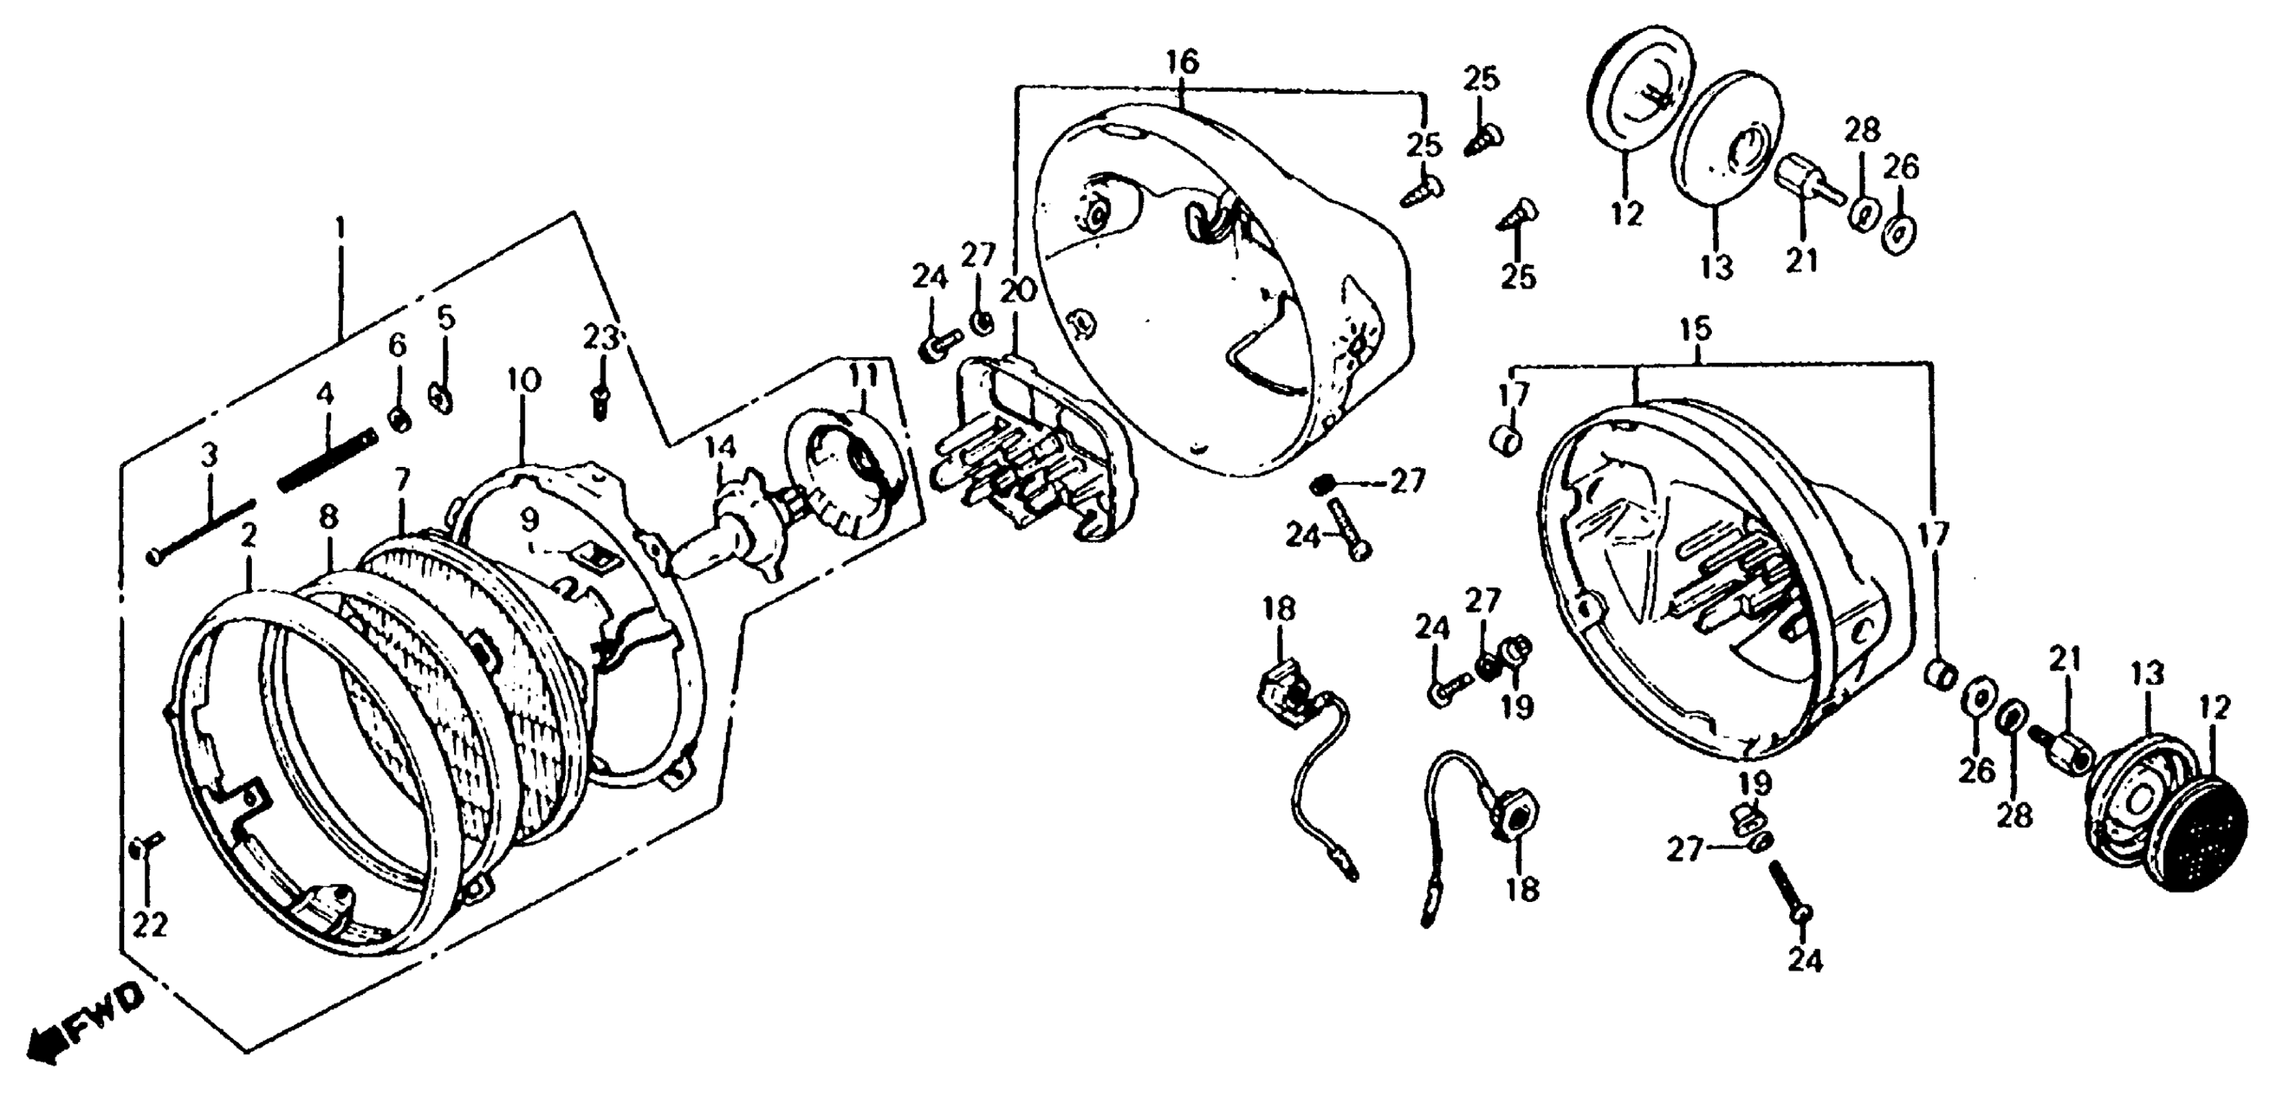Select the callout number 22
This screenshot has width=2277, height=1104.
(150, 925)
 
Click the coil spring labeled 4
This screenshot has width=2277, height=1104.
(327, 460)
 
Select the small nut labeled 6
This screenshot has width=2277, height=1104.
(399, 420)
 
